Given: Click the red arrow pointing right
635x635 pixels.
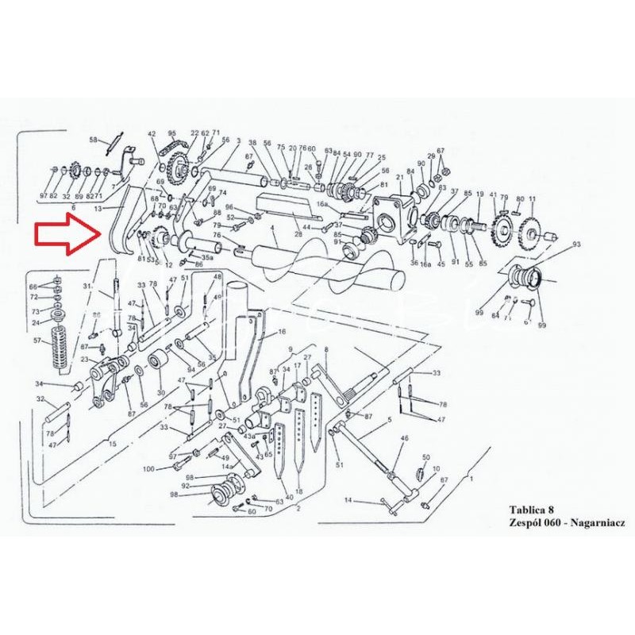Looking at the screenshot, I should pos(67,237).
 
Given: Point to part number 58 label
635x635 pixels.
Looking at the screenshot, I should pos(93,140).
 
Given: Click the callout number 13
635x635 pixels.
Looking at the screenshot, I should pos(98,208).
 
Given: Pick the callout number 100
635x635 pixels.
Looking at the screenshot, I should pos(148,470).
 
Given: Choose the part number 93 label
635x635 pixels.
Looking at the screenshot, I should pos(576,244).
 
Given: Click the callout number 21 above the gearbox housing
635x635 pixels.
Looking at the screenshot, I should pos(399,179).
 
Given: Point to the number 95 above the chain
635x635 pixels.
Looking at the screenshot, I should pos(171,133).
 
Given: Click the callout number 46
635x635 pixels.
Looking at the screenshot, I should pos(405,438).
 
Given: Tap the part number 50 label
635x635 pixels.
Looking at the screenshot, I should pos(425,457).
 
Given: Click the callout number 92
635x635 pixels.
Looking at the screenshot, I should pos(185,486).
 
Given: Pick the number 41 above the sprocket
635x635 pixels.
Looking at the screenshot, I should pos(493,194).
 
